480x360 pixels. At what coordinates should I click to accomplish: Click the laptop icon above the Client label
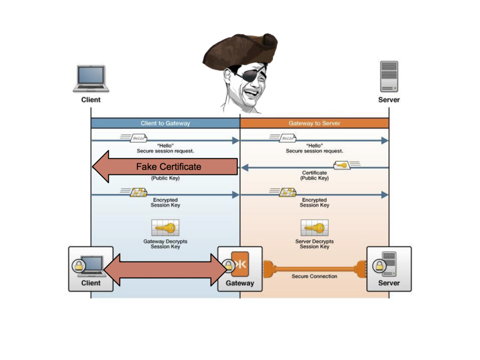[x=91, y=78]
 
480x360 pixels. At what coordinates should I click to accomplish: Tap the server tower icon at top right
[x=389, y=76]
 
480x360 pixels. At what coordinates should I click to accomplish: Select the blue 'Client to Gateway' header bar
[x=165, y=123]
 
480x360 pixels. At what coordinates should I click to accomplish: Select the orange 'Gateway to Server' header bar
[x=315, y=123]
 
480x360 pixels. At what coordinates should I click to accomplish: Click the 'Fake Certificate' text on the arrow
[x=168, y=166]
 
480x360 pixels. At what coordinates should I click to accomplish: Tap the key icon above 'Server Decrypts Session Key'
[x=314, y=228]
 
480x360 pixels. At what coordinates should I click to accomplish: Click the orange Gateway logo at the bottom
[x=240, y=264]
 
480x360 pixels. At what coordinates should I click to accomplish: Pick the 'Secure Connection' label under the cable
[x=314, y=276]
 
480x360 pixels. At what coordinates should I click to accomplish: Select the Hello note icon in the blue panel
[x=138, y=138]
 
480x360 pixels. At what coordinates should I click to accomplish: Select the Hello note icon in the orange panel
[x=287, y=138]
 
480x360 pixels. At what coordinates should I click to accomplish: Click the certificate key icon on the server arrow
[x=343, y=165]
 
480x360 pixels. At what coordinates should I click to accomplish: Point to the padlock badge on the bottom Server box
[x=378, y=266]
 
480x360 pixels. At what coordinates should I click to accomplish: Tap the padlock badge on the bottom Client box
[x=78, y=266]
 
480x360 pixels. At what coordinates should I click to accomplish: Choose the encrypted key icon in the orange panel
[x=287, y=192]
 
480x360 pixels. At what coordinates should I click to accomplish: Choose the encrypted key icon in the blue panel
[x=138, y=192]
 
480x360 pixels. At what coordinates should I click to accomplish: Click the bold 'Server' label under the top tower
[x=389, y=99]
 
